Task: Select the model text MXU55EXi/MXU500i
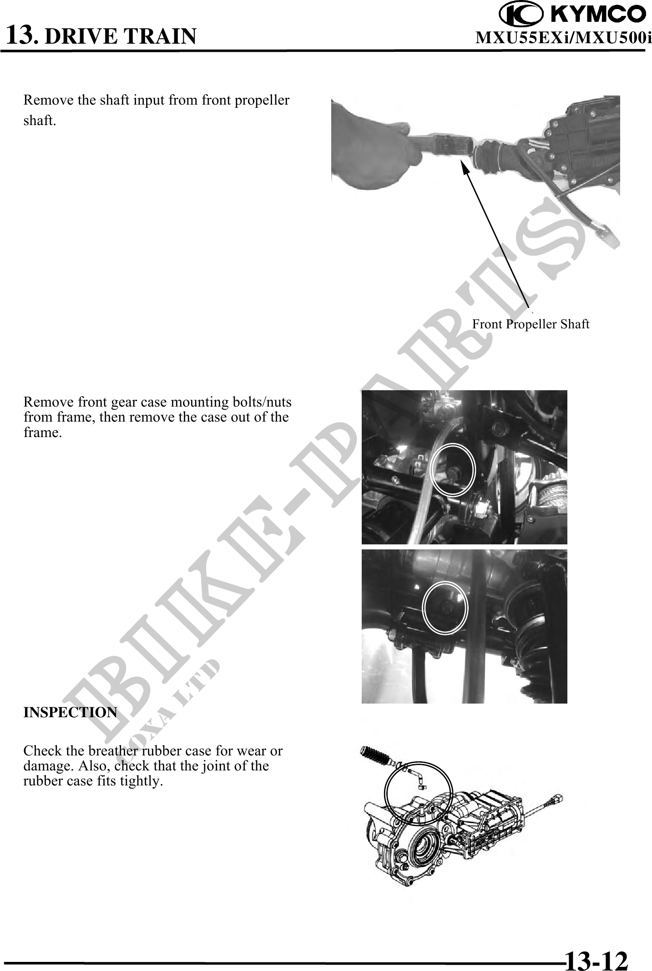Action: (x=563, y=38)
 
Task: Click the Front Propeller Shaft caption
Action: (x=531, y=324)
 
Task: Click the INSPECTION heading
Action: (x=70, y=712)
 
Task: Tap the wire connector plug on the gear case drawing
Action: (x=556, y=799)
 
